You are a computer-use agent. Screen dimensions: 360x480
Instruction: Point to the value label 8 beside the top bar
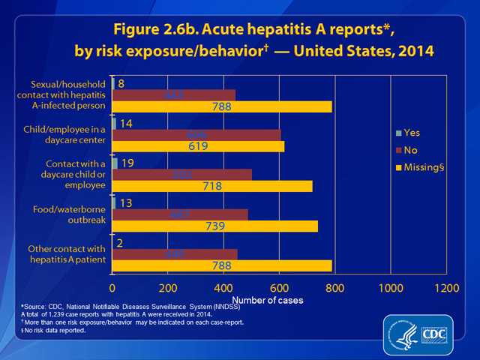(x=121, y=83)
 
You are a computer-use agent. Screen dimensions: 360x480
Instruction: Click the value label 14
(x=126, y=123)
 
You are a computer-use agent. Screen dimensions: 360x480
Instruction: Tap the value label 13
(x=126, y=202)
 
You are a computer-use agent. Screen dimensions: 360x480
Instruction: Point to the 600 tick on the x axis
(x=279, y=288)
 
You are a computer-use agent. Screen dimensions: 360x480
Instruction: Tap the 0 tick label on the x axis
(x=112, y=288)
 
